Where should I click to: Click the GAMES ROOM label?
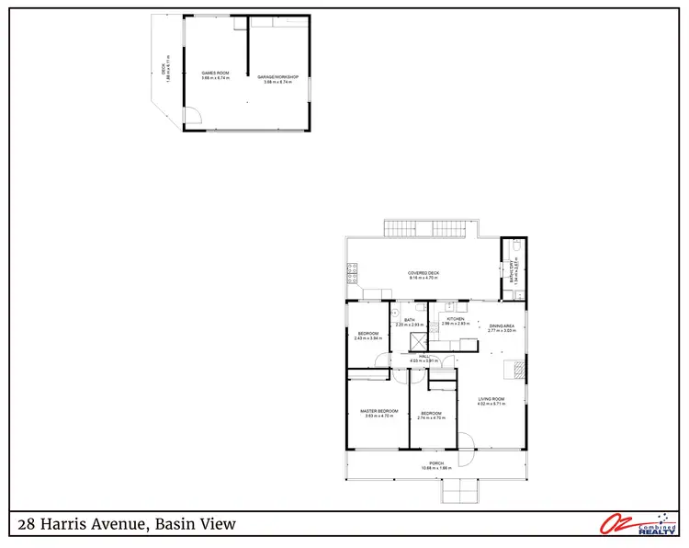pyautogui.click(x=215, y=73)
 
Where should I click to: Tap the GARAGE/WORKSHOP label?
pyautogui.click(x=277, y=77)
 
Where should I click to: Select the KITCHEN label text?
pyautogui.click(x=456, y=319)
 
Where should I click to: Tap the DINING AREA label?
pyautogui.click(x=501, y=326)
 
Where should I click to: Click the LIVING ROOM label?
pyautogui.click(x=491, y=399)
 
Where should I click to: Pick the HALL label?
pyautogui.click(x=424, y=356)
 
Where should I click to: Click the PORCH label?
pyautogui.click(x=436, y=463)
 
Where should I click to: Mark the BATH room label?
pyautogui.click(x=409, y=320)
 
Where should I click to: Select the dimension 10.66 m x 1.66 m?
pyautogui.click(x=436, y=469)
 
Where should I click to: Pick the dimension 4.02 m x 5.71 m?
pyautogui.click(x=491, y=405)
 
